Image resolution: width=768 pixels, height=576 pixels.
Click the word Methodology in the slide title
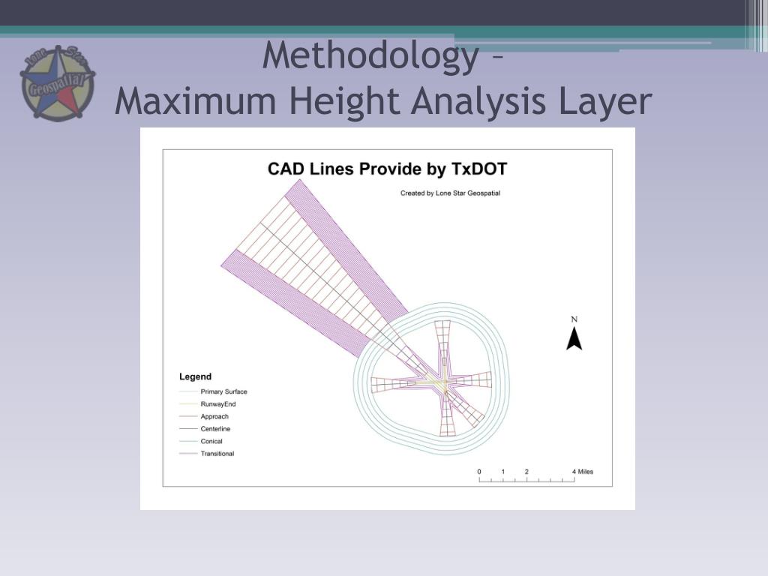370,56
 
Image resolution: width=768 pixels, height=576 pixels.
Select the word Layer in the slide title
604,102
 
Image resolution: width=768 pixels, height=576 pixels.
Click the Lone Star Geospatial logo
57,83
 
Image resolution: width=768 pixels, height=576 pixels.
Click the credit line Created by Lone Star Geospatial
450,193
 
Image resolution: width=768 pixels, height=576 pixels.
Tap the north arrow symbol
574,339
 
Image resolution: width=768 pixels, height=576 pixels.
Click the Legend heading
195,376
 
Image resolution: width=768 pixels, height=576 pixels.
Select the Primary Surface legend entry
223,391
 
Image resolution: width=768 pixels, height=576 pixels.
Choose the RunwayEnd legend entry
218,404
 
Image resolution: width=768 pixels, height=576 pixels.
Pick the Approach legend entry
214,416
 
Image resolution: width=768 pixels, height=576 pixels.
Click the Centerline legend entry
215,428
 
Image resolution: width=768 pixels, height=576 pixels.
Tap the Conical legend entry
211,441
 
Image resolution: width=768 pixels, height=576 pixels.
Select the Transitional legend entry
217,454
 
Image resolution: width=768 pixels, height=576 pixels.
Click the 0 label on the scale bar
479,472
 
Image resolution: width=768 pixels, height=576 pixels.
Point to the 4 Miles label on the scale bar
582,472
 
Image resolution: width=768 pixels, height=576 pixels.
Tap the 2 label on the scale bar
526,472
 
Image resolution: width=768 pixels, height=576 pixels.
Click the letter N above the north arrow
574,319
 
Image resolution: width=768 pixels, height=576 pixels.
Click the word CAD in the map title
286,169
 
